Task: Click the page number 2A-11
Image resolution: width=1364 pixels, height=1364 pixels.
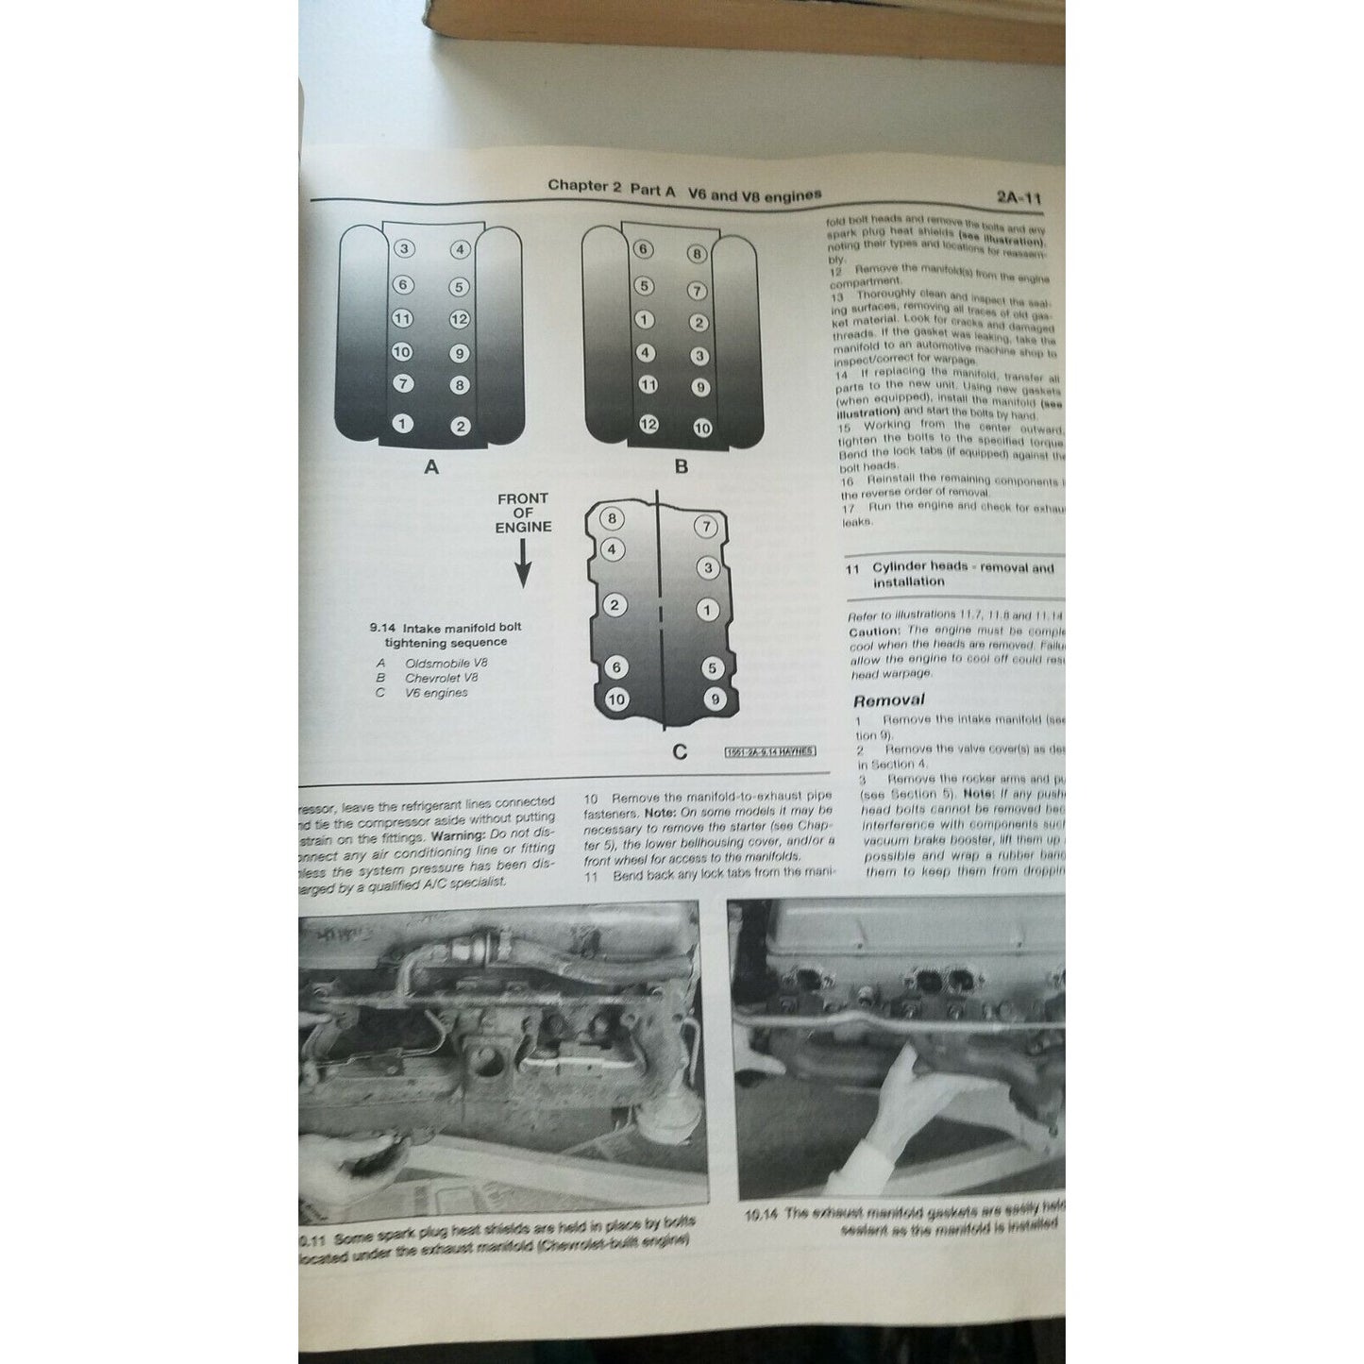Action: click(1018, 199)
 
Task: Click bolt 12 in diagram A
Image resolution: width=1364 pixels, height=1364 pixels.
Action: click(460, 319)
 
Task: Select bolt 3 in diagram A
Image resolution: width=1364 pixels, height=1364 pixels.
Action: click(404, 249)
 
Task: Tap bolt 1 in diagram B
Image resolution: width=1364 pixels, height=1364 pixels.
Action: click(645, 320)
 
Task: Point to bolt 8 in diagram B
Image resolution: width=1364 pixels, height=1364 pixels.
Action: click(697, 253)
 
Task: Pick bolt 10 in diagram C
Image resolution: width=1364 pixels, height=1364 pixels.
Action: click(616, 699)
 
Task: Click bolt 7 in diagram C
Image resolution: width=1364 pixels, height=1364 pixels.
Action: click(706, 527)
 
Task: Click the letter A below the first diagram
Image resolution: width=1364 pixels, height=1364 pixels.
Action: click(431, 466)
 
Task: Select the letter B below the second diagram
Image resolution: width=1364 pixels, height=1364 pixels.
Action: click(681, 466)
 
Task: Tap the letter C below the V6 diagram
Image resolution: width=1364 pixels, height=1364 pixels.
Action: click(679, 752)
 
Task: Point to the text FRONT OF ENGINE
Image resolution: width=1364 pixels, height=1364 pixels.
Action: click(523, 513)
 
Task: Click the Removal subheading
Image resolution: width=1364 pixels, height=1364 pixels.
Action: click(888, 700)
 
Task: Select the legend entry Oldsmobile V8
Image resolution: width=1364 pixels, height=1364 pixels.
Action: click(446, 663)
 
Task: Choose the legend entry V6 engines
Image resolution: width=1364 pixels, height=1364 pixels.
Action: click(436, 693)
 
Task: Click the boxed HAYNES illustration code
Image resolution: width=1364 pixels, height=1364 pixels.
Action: click(769, 752)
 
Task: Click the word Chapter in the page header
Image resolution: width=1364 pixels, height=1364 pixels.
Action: click(578, 186)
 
